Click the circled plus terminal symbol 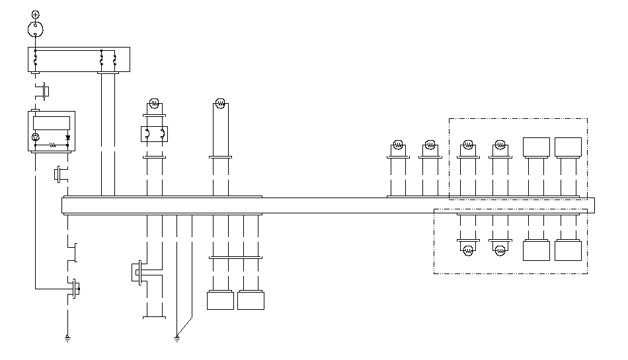coord(35,13)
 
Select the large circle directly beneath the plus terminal coord(35,28)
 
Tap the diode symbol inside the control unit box coord(67,137)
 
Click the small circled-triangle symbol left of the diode coord(36,137)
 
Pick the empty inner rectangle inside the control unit coord(52,122)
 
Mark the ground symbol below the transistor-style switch coord(67,339)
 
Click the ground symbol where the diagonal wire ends coord(177,339)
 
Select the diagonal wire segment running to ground coord(184,326)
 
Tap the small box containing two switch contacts coord(154,134)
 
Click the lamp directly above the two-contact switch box coord(154,103)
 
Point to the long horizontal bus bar coord(328,205)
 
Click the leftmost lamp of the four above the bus coord(398,145)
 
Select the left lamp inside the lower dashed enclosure coord(468,250)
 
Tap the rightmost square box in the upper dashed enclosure coord(568,147)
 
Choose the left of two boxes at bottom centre coord(220,301)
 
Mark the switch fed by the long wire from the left coord(75,288)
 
